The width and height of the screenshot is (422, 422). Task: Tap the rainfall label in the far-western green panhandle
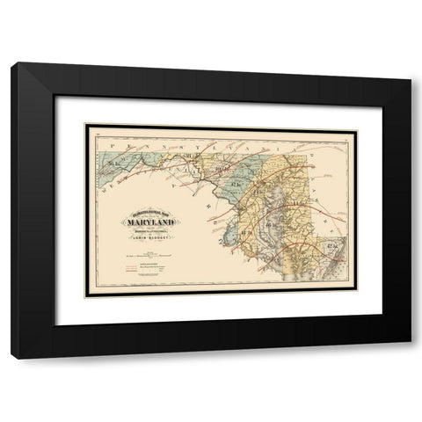click(x=113, y=161)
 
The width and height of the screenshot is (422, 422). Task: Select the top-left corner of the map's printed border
click(x=85, y=126)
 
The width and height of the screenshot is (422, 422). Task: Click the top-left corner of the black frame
click(x=11, y=63)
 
